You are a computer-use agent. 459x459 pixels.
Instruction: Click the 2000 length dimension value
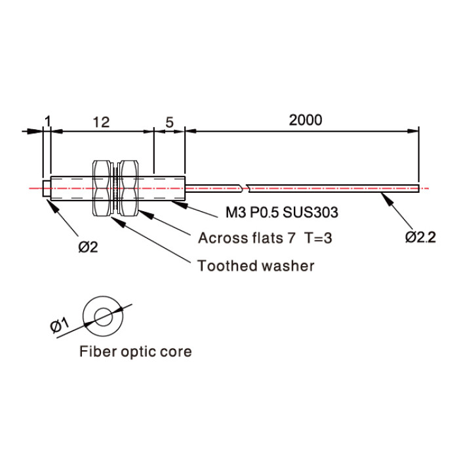tap(306, 120)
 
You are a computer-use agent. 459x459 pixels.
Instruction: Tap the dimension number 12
tap(101, 123)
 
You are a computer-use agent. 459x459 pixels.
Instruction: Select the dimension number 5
tap(169, 123)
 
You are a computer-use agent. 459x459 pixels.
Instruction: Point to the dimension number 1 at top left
tap(48, 121)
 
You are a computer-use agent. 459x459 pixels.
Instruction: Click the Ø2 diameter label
tap(88, 247)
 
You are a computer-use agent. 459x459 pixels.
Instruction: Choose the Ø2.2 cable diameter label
tap(420, 237)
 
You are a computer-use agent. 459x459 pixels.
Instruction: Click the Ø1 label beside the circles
tap(60, 325)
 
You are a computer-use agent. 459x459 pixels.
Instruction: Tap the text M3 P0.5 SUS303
tap(282, 212)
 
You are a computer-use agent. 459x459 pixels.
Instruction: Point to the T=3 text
tap(318, 237)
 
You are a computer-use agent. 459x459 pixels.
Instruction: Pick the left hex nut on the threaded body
tap(102, 188)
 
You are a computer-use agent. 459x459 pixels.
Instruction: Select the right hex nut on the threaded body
tap(129, 188)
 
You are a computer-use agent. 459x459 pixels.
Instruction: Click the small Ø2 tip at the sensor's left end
tap(47, 189)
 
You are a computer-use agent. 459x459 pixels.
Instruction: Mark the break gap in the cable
tap(245, 188)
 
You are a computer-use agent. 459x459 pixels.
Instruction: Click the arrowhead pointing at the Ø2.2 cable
tap(386, 199)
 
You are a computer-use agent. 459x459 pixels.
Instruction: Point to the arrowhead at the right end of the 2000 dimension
tap(413, 131)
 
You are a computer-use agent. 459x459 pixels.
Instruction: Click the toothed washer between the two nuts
tap(115, 188)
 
